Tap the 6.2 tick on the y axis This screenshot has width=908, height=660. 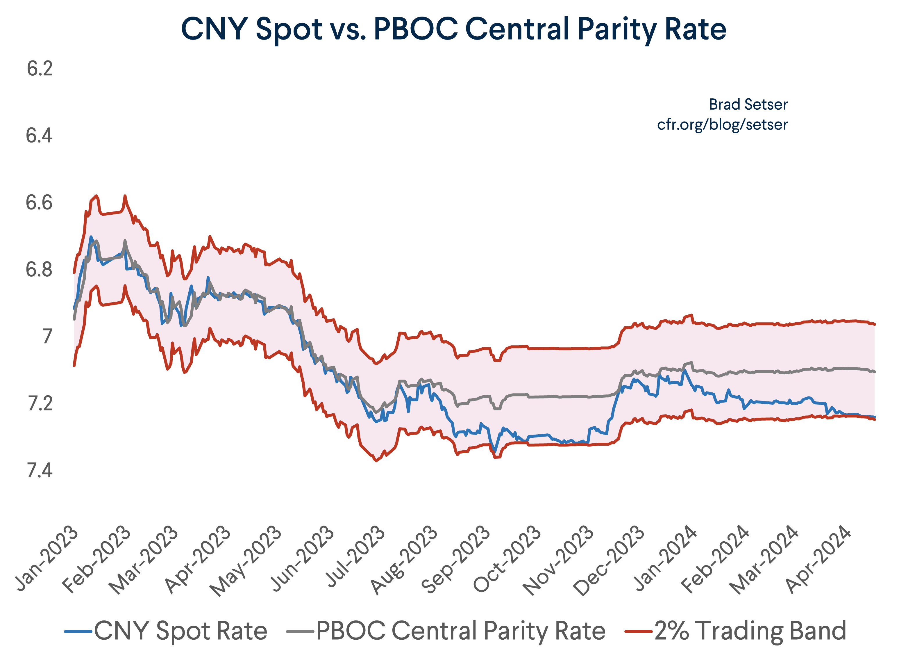click(40, 69)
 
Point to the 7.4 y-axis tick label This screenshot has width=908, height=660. click(40, 470)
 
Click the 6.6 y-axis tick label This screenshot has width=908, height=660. click(39, 203)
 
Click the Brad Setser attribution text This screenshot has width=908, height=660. click(748, 105)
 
